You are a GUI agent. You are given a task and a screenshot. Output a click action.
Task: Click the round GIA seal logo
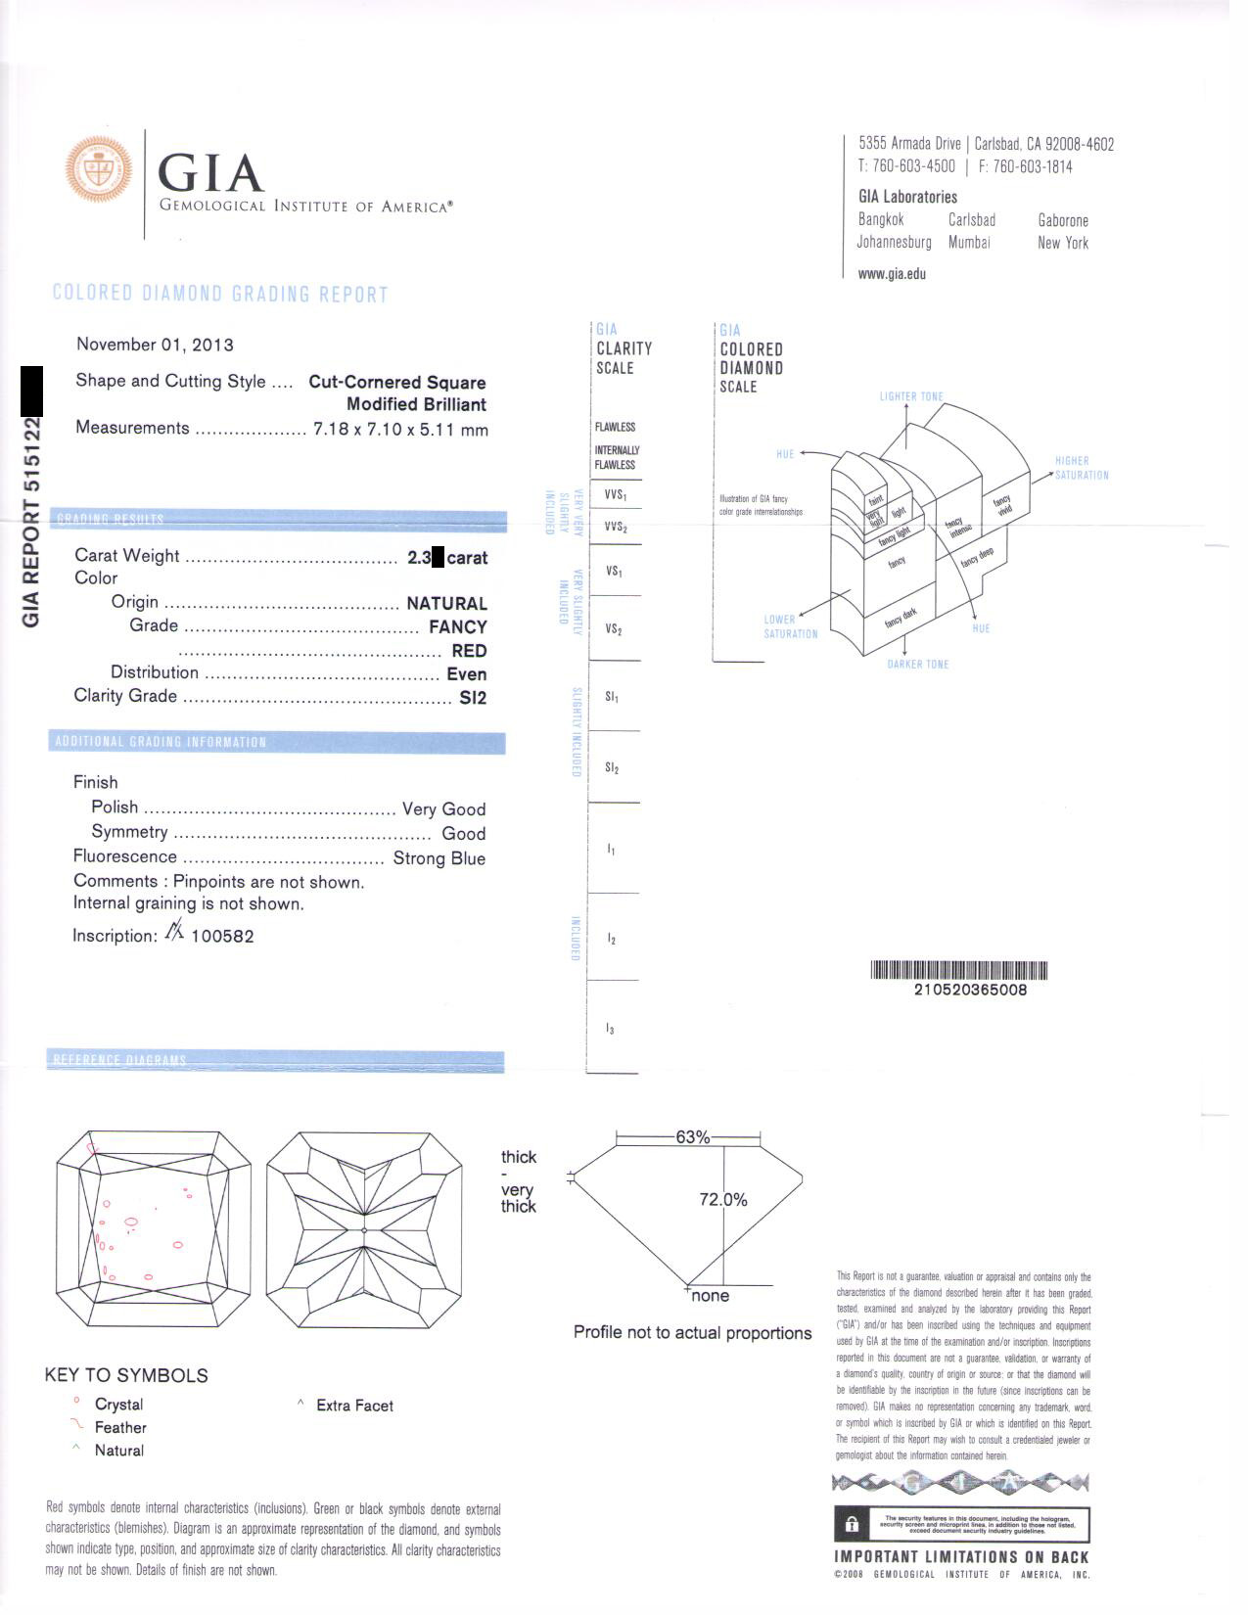(x=99, y=169)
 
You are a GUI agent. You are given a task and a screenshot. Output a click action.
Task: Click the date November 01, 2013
(x=155, y=345)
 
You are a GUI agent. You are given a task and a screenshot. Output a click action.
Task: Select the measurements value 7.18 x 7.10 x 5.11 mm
(x=400, y=430)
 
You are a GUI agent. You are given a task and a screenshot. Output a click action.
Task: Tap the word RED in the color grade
(x=469, y=651)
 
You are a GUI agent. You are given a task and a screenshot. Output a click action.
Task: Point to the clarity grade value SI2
(x=473, y=698)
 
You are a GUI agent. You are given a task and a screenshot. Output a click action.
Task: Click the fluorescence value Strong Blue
(x=439, y=858)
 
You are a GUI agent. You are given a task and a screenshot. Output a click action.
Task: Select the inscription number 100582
(x=222, y=936)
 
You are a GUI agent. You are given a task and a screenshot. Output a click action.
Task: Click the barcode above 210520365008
(x=958, y=970)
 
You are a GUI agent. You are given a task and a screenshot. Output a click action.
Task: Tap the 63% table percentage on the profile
(x=692, y=1137)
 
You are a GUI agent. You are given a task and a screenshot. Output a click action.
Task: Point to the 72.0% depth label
(x=722, y=1200)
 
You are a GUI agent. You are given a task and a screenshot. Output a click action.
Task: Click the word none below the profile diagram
(x=710, y=1296)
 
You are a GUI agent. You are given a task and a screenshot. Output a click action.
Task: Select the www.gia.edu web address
(x=891, y=274)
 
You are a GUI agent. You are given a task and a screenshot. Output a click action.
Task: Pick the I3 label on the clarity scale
(x=610, y=1029)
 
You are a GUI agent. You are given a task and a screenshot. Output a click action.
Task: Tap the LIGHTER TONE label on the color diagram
(x=910, y=396)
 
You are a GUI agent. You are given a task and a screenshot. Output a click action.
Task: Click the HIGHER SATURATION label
(x=1081, y=468)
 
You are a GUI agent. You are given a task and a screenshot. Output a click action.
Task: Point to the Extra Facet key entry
(x=354, y=1406)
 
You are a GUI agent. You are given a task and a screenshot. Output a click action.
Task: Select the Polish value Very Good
(x=443, y=809)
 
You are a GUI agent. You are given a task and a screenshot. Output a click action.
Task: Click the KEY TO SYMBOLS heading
(x=126, y=1375)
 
